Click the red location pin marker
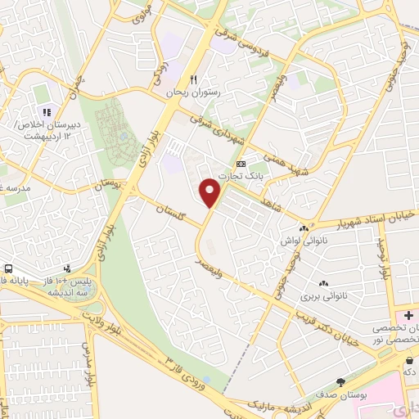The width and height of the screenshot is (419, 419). pos(211,191)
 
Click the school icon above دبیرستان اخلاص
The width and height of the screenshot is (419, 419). pos(47,111)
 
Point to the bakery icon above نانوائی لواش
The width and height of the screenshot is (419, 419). pos(304,228)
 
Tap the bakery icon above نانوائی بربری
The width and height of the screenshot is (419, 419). pos(323,283)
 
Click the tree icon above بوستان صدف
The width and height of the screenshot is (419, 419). pos(340,381)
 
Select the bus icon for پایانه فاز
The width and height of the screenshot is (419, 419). pos(8,268)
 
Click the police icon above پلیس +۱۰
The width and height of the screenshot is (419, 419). pos(67,268)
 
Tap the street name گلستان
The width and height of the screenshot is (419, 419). pos(169,214)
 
